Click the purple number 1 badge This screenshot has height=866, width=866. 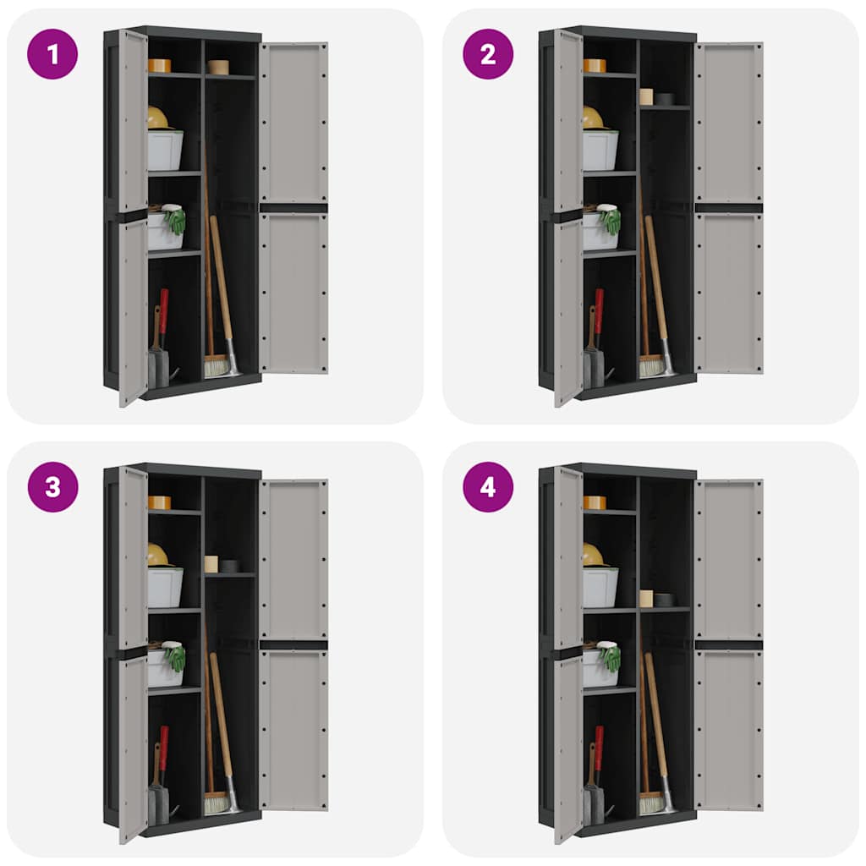tap(52, 54)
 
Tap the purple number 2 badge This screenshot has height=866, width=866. tap(488, 54)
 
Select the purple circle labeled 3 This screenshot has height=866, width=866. tap(52, 487)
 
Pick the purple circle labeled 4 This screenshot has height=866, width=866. tap(488, 487)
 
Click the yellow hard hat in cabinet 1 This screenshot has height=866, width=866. tap(157, 118)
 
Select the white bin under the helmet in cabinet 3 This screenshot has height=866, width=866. tap(165, 587)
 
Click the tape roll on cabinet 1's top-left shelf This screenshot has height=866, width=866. tap(159, 65)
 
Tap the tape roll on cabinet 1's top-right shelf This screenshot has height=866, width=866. tap(218, 67)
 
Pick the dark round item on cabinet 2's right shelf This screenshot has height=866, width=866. tap(664, 99)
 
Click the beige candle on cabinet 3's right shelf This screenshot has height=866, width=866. tap(211, 564)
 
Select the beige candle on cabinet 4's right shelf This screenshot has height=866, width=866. tap(646, 598)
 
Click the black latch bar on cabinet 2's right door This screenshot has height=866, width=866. tap(728, 208)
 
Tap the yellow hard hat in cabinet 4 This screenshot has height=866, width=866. tap(592, 555)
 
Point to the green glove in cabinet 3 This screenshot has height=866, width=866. tap(175, 658)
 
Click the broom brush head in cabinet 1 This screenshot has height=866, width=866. tap(216, 365)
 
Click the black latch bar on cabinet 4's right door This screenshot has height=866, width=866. tap(728, 644)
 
